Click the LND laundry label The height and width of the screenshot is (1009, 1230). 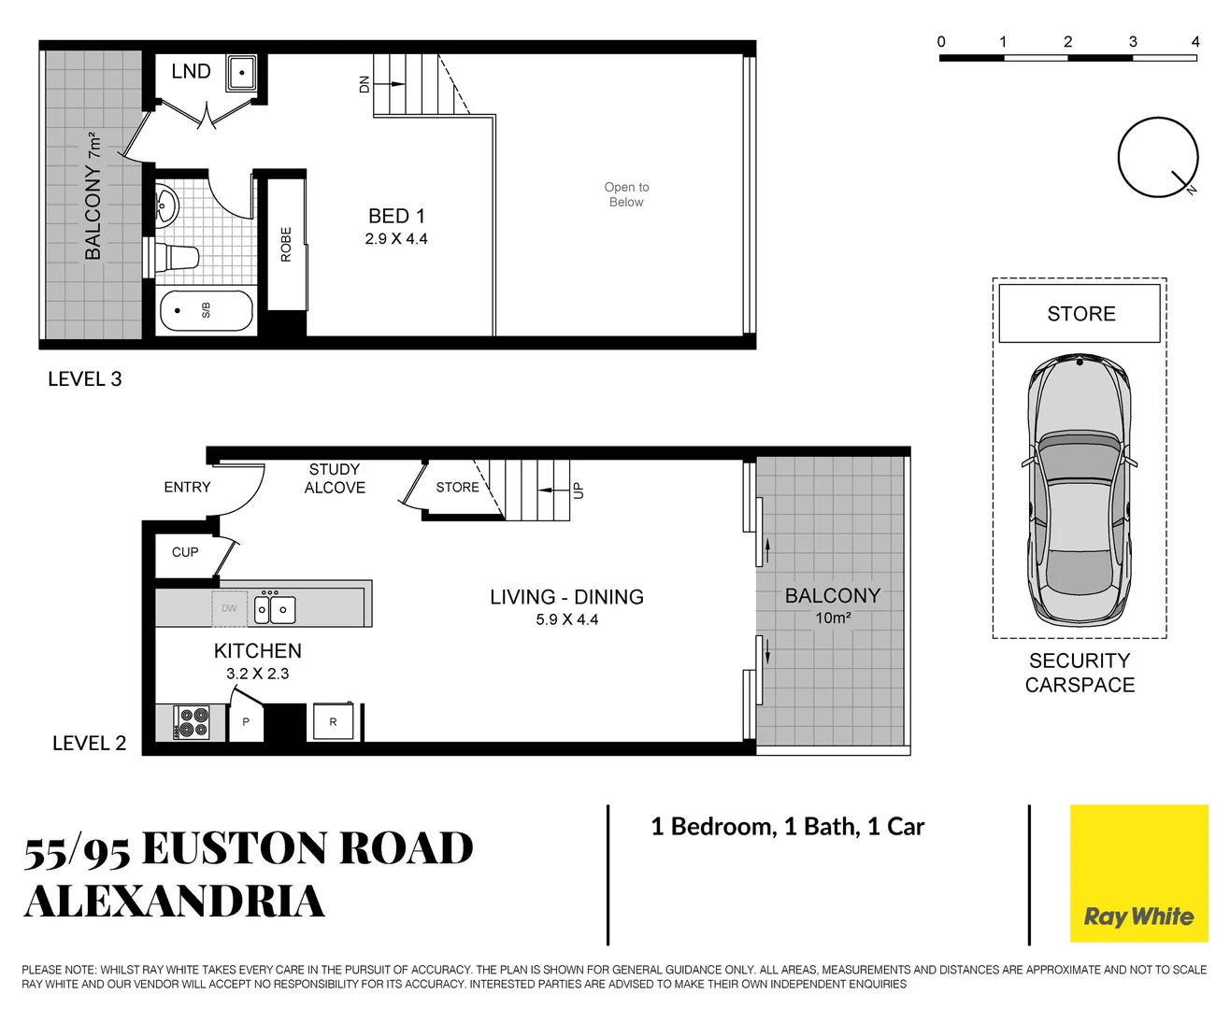[191, 72]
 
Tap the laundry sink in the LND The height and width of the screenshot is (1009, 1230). [241, 73]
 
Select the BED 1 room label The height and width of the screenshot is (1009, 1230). [396, 216]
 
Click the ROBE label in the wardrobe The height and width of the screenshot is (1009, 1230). [286, 244]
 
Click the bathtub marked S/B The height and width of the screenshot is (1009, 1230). [207, 310]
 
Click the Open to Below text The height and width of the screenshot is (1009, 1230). [626, 194]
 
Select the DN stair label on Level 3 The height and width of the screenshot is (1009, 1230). [365, 84]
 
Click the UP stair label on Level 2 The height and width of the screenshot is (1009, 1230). [578, 490]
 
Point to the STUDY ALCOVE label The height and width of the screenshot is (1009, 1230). [335, 478]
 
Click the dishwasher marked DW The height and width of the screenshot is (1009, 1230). [229, 608]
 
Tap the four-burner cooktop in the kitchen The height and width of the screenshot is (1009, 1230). [193, 723]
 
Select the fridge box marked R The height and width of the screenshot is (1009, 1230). [333, 722]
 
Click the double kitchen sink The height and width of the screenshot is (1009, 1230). [275, 609]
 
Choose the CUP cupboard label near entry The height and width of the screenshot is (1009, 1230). [185, 552]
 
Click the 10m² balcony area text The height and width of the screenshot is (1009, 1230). [833, 618]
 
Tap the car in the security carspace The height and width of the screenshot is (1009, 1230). [1080, 490]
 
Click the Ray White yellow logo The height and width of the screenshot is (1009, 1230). [1138, 874]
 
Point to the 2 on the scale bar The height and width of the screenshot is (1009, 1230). [1067, 42]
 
